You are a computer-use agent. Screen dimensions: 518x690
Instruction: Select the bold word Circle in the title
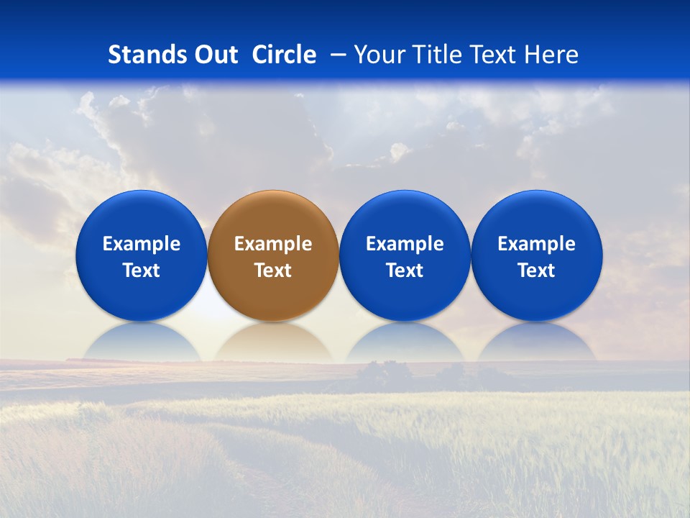click(x=284, y=55)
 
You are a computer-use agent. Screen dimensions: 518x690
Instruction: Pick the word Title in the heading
click(x=436, y=55)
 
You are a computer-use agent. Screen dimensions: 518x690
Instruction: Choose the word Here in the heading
click(x=550, y=55)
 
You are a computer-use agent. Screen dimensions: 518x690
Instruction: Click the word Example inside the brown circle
click(x=273, y=244)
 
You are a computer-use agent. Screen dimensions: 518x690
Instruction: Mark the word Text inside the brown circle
click(x=273, y=271)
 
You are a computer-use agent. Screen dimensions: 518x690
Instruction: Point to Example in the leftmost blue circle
click(x=141, y=244)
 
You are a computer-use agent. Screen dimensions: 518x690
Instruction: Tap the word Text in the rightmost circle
click(x=536, y=271)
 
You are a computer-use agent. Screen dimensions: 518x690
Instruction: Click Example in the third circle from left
click(x=405, y=244)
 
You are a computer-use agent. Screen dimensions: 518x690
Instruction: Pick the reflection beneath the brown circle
click(x=273, y=344)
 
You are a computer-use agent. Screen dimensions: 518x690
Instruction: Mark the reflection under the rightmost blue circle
click(x=536, y=344)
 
